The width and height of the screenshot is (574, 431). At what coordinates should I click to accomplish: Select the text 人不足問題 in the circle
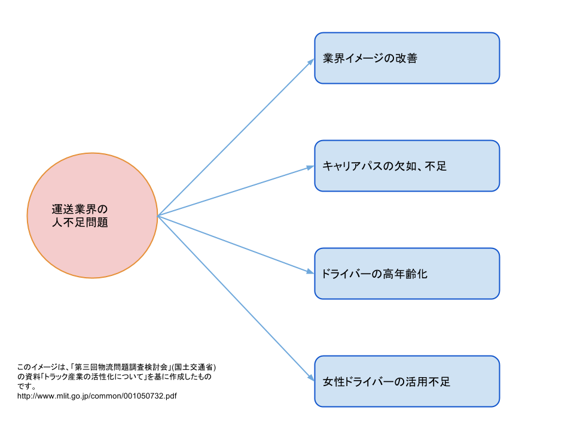(80, 223)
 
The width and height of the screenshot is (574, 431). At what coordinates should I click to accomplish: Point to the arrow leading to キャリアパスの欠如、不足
(236, 191)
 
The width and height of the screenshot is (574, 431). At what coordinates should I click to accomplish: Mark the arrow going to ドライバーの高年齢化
(236, 244)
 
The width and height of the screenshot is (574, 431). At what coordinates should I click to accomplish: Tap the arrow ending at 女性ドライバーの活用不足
(236, 298)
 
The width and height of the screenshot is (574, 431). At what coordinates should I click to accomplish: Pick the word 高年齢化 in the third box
(406, 274)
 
